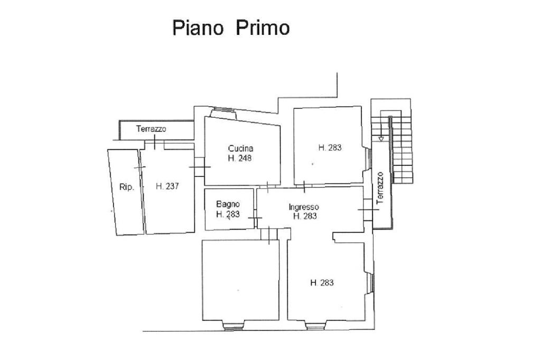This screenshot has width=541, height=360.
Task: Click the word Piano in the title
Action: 198,29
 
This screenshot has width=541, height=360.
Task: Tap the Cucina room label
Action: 240,149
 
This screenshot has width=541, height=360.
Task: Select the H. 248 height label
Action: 240,158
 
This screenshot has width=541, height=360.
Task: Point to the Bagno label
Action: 228,204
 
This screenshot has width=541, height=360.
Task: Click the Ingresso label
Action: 304,207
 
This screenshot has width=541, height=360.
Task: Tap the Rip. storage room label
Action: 127,187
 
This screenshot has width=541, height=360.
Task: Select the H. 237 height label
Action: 167,186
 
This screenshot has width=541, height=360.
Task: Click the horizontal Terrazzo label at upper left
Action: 151,129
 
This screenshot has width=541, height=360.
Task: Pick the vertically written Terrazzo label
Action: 380,188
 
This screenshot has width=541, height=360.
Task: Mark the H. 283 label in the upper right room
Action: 330,148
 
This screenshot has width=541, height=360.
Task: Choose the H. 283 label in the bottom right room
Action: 322,283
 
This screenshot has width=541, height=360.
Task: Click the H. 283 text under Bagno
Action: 228,214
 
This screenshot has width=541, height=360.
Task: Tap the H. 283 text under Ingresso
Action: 305,216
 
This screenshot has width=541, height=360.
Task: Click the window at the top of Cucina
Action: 223,113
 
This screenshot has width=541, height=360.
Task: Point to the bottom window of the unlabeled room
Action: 234,325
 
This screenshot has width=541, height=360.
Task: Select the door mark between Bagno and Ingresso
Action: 255,218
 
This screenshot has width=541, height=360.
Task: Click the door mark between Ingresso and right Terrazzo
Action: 368,210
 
